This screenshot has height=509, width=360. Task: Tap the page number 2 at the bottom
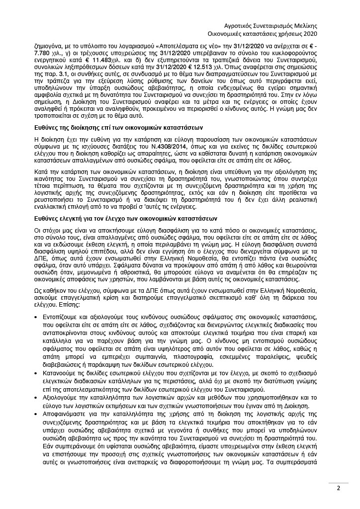pos(338,488)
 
